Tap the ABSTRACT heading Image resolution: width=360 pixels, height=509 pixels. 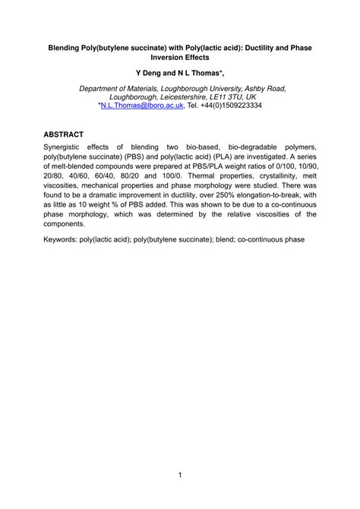64,134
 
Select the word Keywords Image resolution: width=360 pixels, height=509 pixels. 66,239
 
